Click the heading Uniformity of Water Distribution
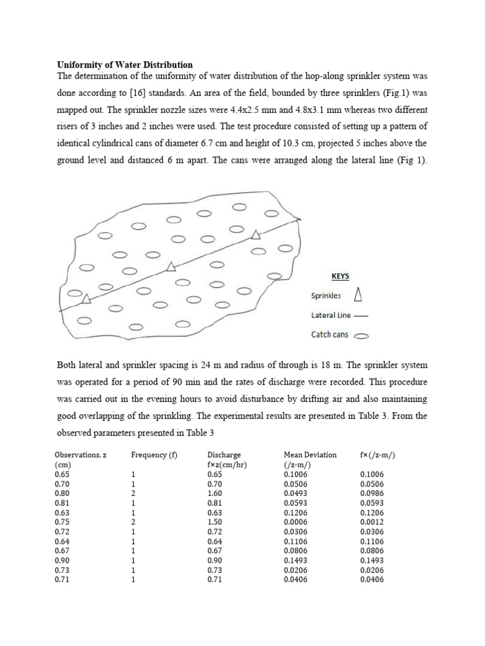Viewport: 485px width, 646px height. tap(125, 64)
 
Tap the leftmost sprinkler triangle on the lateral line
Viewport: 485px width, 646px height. tap(86, 298)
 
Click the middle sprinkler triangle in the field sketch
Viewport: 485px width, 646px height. tap(171, 267)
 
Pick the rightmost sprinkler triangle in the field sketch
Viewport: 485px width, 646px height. tap(255, 235)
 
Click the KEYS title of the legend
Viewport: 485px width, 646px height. tap(340, 276)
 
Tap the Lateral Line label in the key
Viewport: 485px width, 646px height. tap(332, 315)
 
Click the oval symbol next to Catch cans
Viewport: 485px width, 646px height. tap(362, 336)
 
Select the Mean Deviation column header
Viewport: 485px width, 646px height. tap(310, 454)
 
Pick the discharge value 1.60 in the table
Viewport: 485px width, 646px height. tap(215, 493)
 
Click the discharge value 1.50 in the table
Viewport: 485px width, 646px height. tap(215, 522)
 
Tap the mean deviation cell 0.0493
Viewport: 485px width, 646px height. tap(296, 493)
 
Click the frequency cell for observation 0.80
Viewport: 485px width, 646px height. tap(133, 493)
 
